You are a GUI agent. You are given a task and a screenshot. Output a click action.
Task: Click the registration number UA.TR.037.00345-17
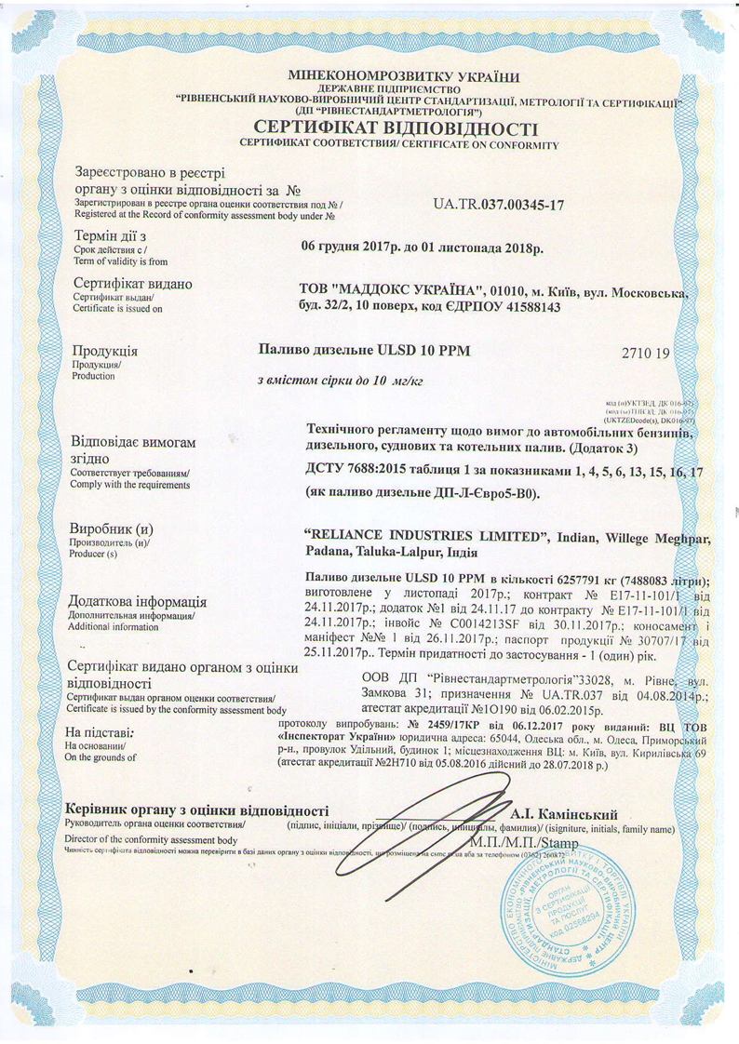coord(499,203)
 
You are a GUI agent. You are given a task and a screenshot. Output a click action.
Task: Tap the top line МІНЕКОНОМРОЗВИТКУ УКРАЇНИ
coord(404,77)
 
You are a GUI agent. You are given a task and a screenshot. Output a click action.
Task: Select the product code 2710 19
coord(644,354)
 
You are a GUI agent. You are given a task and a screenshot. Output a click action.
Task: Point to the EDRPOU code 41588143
coord(529,307)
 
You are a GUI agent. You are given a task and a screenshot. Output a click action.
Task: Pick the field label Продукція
coord(105,352)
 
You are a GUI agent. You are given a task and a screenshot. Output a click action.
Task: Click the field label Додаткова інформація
coord(146,602)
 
